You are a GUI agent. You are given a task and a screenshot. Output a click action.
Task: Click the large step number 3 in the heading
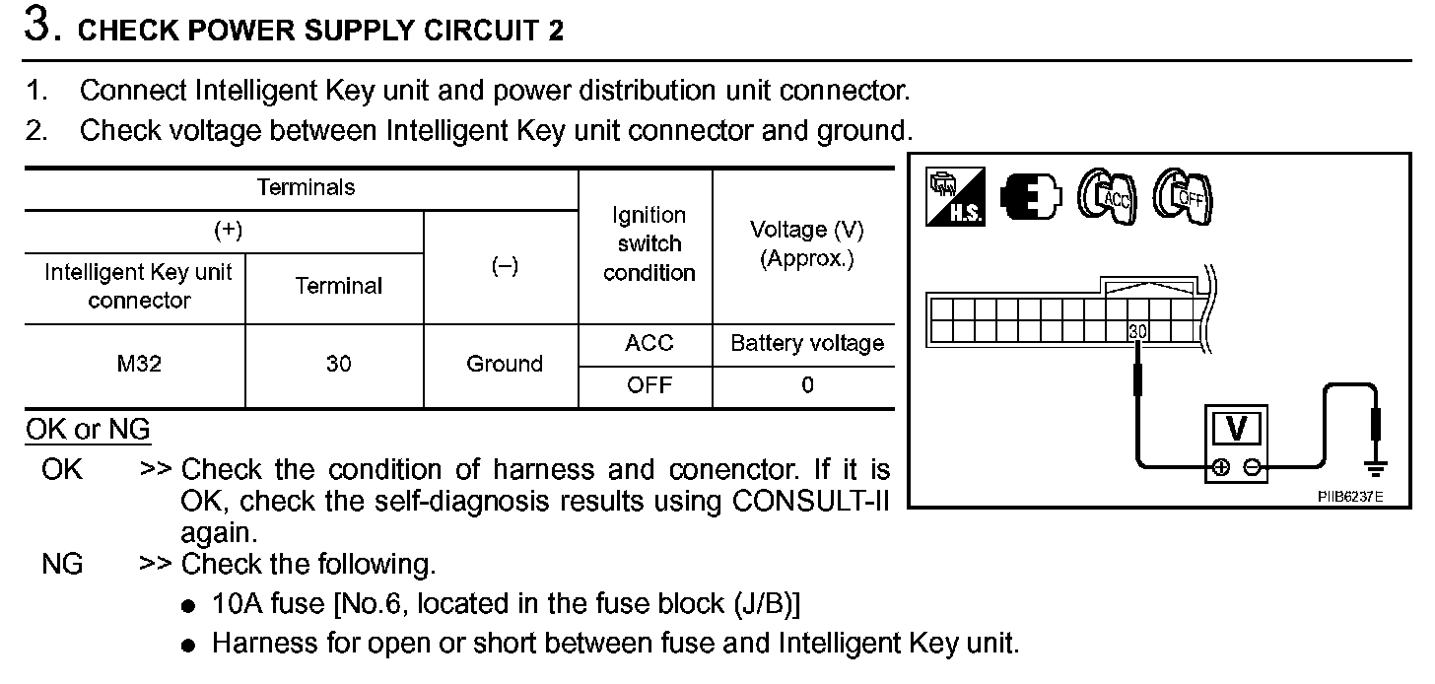(x=37, y=26)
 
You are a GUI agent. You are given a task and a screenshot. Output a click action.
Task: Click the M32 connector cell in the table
(x=139, y=364)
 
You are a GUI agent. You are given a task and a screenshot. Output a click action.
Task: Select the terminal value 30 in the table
(x=339, y=364)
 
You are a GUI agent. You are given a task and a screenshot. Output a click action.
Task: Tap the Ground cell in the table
(x=504, y=364)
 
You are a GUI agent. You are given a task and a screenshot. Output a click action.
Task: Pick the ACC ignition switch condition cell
(x=649, y=343)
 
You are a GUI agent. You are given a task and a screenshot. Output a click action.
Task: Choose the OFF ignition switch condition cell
(x=649, y=385)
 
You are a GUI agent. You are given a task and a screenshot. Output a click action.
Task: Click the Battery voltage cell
(x=806, y=343)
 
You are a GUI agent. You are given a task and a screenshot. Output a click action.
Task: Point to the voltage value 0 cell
(x=806, y=385)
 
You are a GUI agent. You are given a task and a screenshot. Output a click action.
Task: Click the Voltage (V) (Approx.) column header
(x=806, y=244)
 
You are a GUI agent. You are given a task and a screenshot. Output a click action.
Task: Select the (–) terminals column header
(x=504, y=267)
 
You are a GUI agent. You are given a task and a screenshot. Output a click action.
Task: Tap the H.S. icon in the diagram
(x=955, y=197)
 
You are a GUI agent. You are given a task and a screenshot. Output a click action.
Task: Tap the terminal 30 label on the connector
(x=1137, y=332)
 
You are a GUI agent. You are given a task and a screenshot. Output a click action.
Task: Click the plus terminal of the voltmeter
(x=1221, y=468)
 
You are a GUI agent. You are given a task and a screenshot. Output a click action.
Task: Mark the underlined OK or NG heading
(x=88, y=430)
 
